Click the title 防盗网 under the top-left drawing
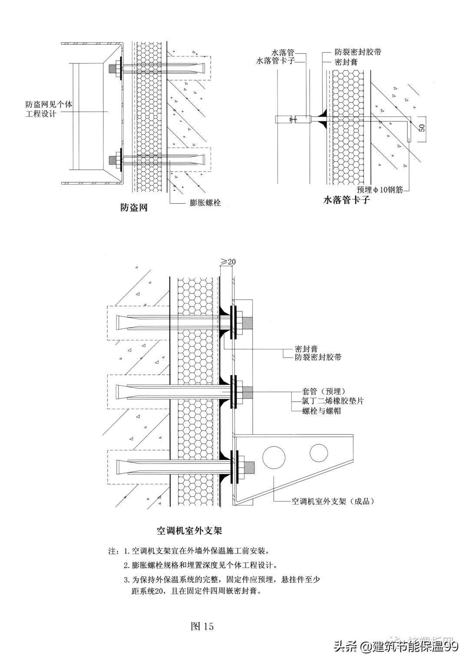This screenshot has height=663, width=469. click(x=134, y=208)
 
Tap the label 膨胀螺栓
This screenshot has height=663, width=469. click(x=205, y=203)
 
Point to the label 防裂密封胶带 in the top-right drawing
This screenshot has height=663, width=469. click(x=358, y=53)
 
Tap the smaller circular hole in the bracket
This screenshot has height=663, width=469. click(x=319, y=453)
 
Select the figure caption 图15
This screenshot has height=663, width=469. click(x=202, y=627)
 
